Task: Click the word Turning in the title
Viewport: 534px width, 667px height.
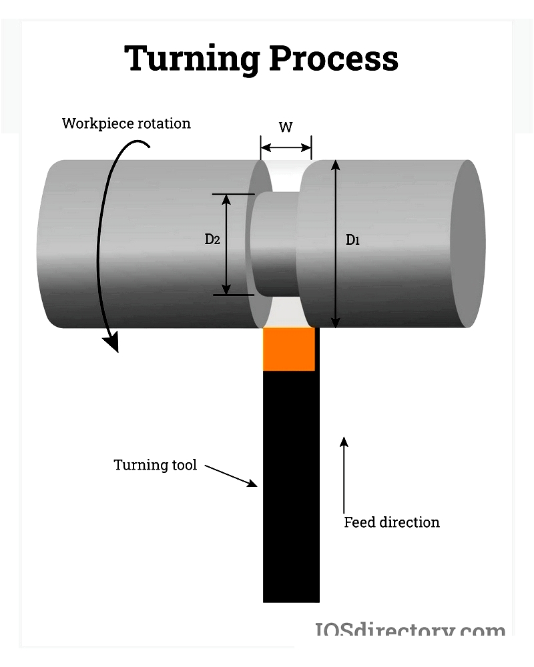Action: (x=192, y=59)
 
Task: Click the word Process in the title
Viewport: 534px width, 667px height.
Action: (x=333, y=59)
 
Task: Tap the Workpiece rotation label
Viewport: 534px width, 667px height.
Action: (x=126, y=123)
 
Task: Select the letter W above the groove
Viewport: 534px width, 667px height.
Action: (x=286, y=127)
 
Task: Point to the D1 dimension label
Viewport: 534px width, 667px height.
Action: (x=352, y=240)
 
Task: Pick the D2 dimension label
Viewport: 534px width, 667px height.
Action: (x=212, y=239)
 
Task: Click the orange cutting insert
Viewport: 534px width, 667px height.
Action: (x=289, y=349)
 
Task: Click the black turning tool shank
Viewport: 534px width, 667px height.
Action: (x=291, y=487)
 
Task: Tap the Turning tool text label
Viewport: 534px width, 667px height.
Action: (x=155, y=465)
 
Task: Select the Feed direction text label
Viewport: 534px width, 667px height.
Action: (x=392, y=522)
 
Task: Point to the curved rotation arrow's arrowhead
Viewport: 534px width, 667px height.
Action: (x=111, y=343)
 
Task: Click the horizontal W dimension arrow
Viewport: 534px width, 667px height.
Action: (x=286, y=147)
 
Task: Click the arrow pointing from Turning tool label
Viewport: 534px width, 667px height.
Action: (x=231, y=476)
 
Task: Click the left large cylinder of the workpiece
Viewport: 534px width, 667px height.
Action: (x=147, y=244)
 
